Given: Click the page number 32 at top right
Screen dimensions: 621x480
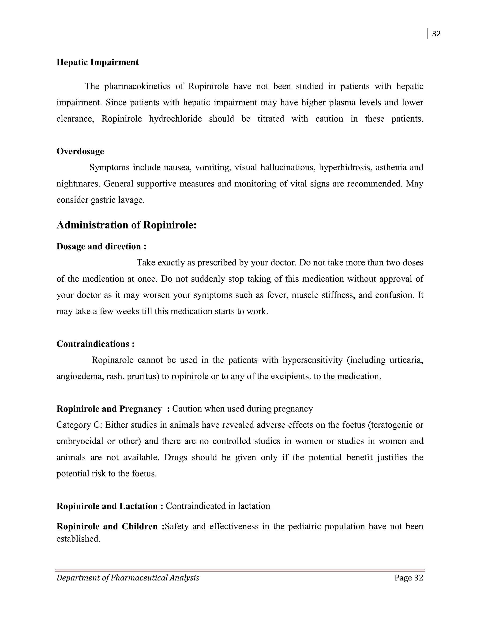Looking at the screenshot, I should [x=436, y=34].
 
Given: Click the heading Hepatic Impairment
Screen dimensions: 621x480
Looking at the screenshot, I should [x=97, y=62].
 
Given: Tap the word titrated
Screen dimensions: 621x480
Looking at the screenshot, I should [x=271, y=119].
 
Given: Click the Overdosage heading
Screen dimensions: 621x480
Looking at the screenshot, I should [x=80, y=151].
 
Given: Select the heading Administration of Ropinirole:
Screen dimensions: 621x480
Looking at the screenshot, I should [x=127, y=225].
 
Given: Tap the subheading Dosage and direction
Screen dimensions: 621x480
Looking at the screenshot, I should [x=101, y=246].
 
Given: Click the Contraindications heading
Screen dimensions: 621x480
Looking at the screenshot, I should [x=95, y=344].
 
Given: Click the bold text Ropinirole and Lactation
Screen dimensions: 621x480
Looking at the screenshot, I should [x=109, y=506].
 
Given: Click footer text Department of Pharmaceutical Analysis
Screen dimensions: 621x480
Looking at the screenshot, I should [x=128, y=578].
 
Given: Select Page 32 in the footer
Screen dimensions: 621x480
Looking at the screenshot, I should [x=409, y=578].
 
